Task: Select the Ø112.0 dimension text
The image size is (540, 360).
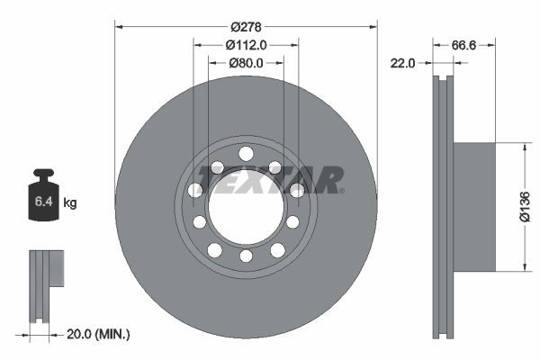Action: [x=246, y=45]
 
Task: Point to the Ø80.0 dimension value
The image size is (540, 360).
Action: [x=246, y=63]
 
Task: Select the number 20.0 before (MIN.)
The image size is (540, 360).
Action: [x=83, y=335]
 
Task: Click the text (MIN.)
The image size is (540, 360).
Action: [x=114, y=335]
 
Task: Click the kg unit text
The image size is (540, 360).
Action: [x=69, y=203]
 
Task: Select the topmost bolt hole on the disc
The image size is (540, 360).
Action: [x=246, y=152]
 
